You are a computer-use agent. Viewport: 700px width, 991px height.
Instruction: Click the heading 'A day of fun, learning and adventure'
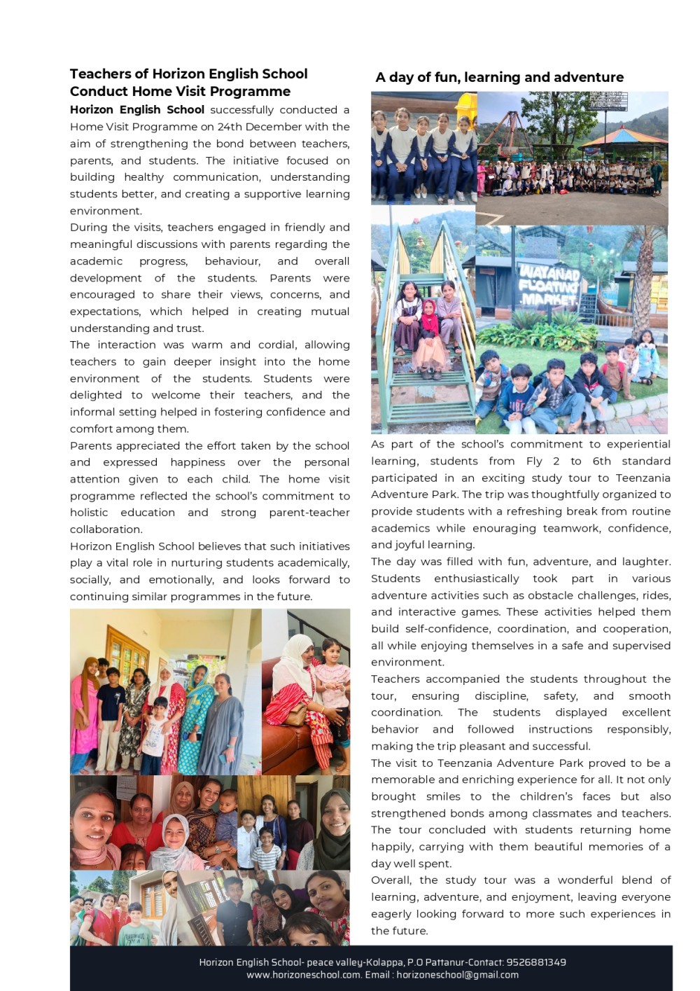point(499,77)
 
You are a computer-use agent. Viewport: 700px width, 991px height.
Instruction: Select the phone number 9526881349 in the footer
point(536,962)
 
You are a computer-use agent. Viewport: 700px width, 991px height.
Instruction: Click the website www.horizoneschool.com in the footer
point(303,975)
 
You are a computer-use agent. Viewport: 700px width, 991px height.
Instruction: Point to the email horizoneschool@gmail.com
point(457,975)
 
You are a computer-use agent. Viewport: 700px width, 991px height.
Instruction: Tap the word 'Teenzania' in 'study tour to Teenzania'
point(643,478)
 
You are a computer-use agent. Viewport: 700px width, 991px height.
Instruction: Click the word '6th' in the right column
point(601,461)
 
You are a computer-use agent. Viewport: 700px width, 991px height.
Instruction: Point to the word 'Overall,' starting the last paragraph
point(392,880)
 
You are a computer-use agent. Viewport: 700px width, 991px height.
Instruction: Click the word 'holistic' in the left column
point(89,513)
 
